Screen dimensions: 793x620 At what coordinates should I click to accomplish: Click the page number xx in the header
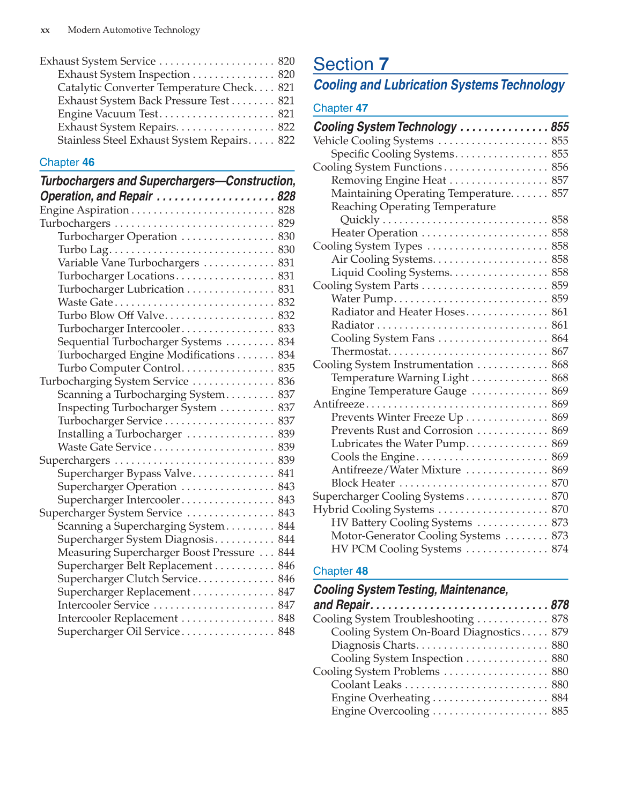coord(45,30)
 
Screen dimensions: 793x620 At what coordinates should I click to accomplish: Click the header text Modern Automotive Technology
coord(134,30)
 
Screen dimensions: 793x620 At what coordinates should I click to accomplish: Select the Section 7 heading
coord(351,64)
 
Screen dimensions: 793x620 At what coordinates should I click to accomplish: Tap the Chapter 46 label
coord(67,162)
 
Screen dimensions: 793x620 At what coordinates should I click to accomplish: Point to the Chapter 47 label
coord(341,108)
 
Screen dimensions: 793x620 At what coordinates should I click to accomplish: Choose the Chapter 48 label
coord(341,571)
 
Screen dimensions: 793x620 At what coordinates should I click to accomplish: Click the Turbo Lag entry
coord(83,250)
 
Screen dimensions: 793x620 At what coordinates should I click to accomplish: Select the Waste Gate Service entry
coord(104,447)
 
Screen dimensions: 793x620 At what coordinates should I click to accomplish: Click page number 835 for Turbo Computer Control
coord(286,368)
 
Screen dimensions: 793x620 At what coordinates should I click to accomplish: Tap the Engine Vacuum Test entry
coord(108,114)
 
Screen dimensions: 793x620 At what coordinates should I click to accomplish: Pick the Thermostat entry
coord(359,352)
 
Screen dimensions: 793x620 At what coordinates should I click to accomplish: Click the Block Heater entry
coord(363,483)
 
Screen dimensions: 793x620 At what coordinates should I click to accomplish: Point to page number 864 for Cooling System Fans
coord(559,338)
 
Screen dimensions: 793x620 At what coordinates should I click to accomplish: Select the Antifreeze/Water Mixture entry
coord(396,470)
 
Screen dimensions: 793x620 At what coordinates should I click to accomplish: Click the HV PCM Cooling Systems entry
coord(396,549)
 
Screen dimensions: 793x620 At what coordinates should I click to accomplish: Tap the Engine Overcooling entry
coord(380,712)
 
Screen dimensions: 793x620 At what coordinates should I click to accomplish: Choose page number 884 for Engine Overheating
coord(559,698)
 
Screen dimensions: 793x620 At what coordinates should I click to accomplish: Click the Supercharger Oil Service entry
coord(119,632)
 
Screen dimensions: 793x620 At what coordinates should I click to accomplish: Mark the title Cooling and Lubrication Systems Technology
coord(439,85)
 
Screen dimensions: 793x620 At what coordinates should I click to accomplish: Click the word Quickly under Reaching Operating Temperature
coord(359,220)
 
